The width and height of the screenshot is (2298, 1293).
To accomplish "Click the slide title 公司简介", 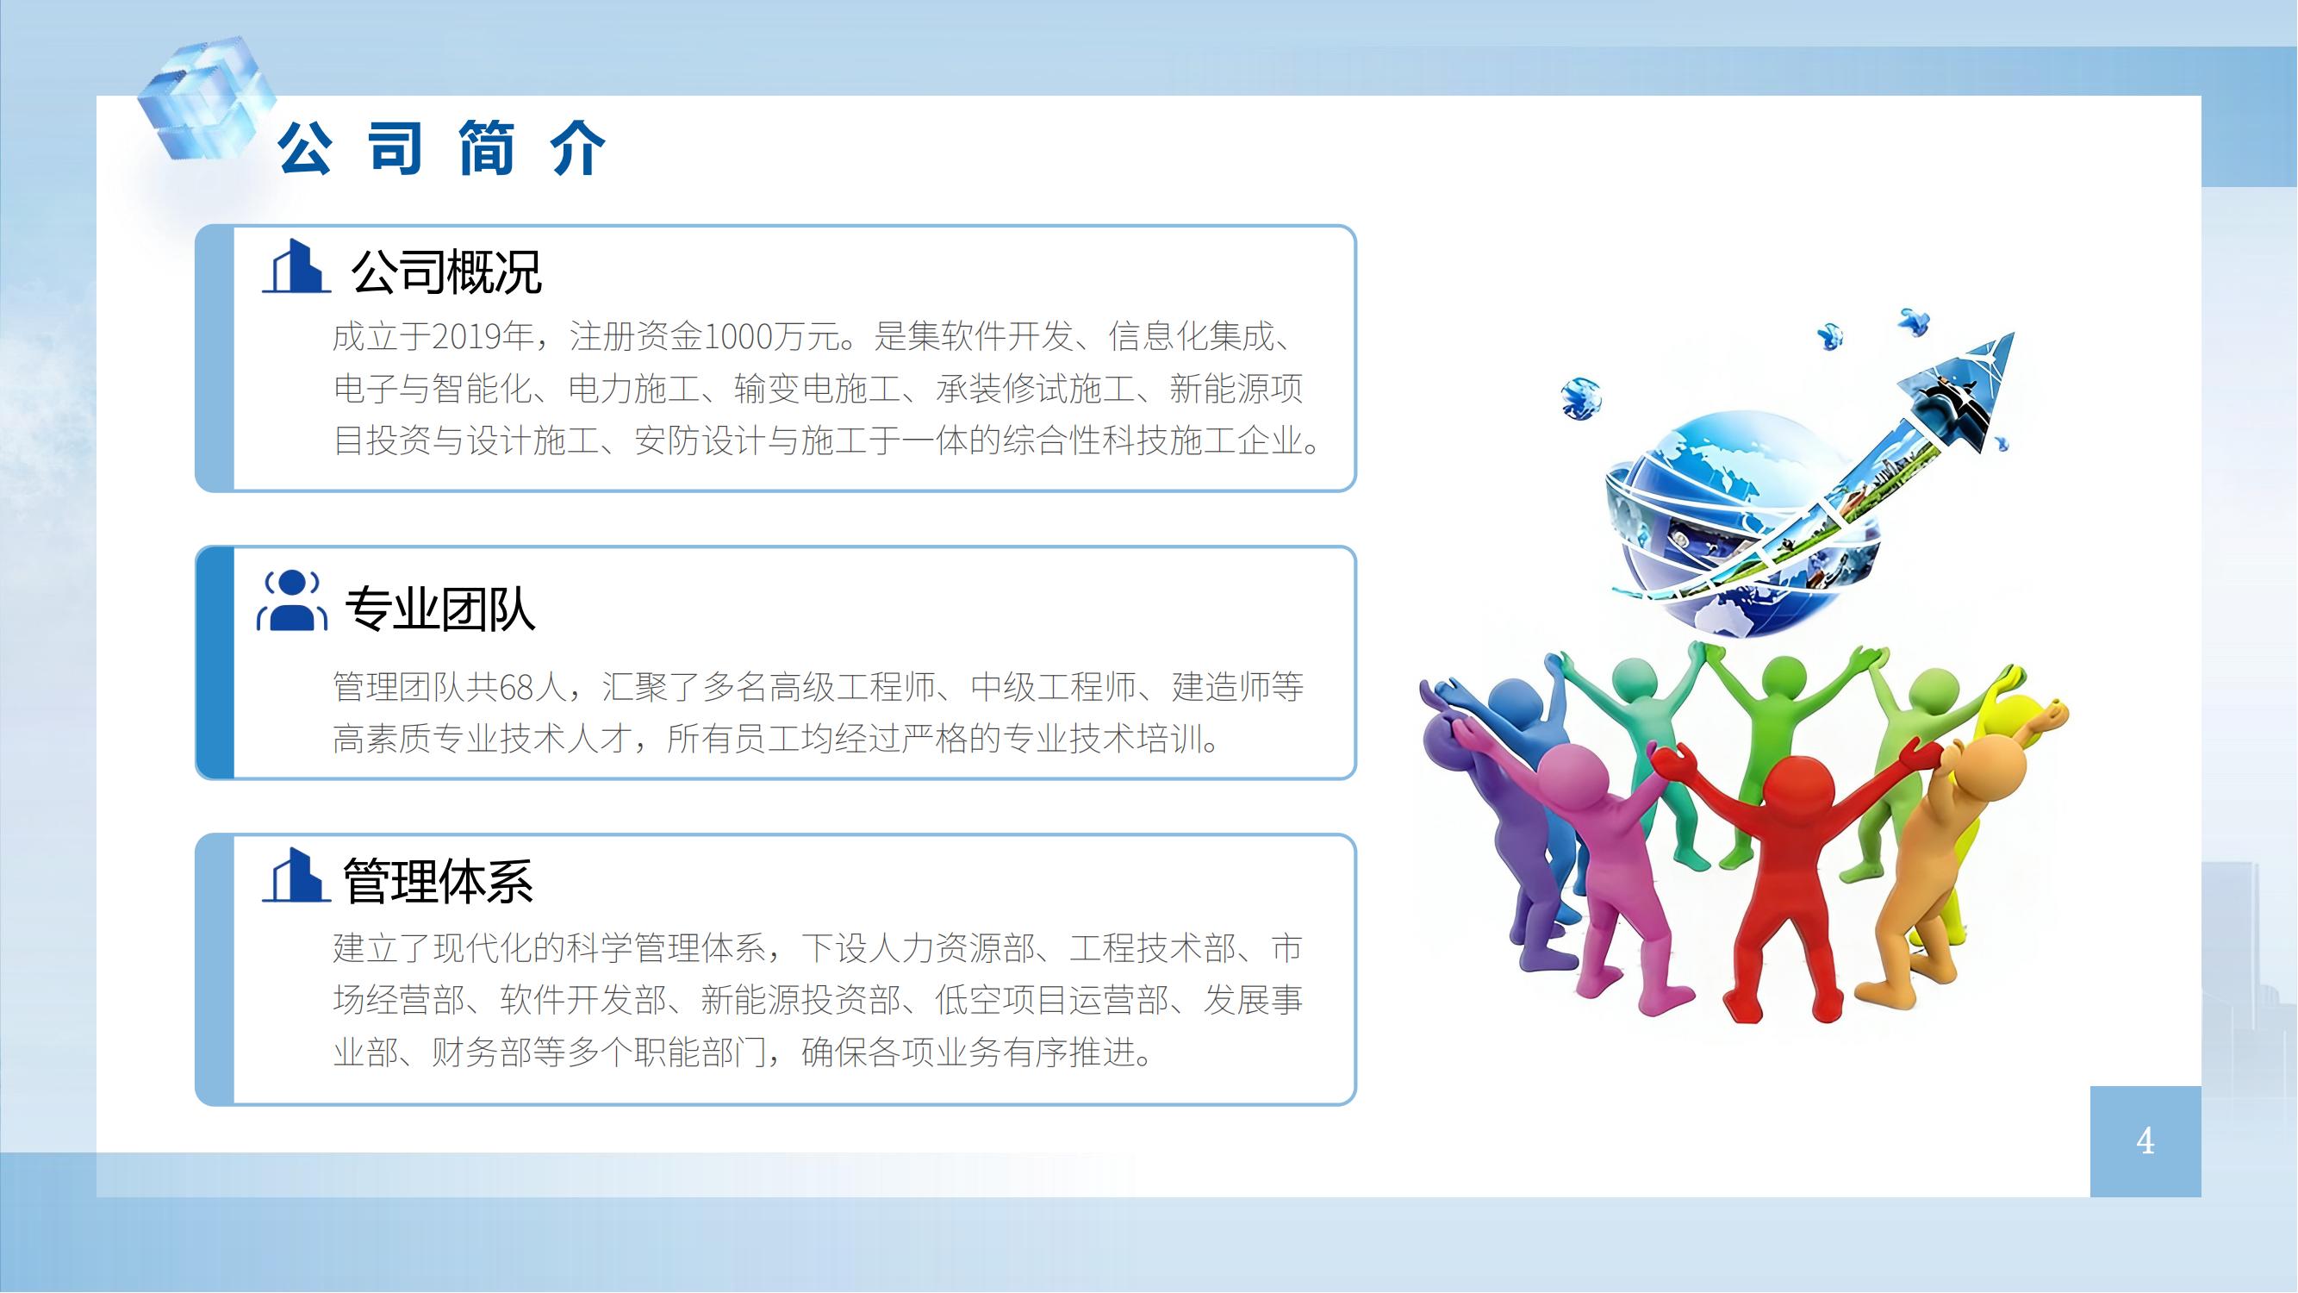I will pos(441,148).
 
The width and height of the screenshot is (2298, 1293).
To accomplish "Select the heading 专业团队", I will pos(439,609).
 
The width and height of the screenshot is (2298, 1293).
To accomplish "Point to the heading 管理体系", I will pos(438,881).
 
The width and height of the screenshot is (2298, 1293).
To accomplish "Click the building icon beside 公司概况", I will pos(296,267).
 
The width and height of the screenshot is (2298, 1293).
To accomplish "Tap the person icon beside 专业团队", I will pos(293,602).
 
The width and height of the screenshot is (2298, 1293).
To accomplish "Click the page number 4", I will pos(2145,1140).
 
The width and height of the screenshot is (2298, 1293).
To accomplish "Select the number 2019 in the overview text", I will pos(464,337).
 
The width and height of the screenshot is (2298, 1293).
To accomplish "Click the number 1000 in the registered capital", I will pos(738,337).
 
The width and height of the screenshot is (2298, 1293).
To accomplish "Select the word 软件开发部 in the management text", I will pos(583,1000).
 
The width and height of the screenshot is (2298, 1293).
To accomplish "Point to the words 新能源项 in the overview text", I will pos(1236,389).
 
